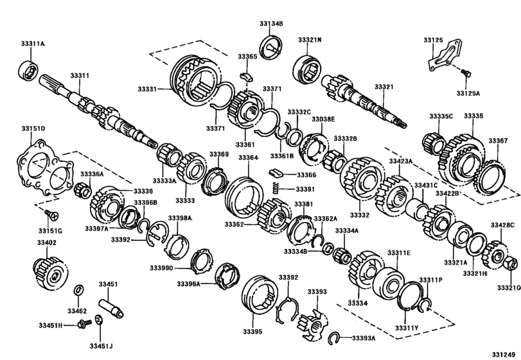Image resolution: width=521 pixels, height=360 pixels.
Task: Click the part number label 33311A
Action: [x=33, y=44]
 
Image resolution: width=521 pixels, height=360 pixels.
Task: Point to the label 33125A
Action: [x=468, y=93]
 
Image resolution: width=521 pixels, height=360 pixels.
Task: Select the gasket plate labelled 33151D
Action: [x=43, y=171]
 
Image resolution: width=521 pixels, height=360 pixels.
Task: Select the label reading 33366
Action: [x=306, y=175]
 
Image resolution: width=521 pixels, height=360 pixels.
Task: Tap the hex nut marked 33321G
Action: [x=506, y=263]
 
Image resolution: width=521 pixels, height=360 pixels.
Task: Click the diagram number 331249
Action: [x=504, y=354]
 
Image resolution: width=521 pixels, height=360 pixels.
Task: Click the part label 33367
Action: [x=498, y=140]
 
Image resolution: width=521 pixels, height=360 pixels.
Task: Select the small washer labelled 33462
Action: [x=78, y=287]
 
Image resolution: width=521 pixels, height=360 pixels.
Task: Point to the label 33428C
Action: [x=502, y=225]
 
